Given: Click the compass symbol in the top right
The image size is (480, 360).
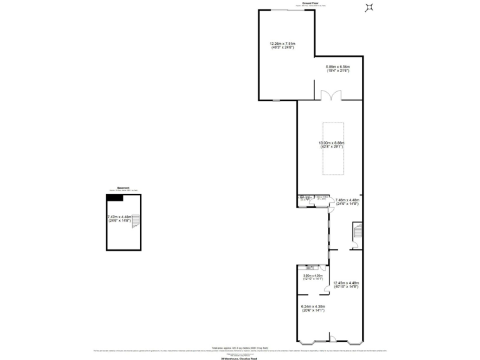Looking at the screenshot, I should [369, 7].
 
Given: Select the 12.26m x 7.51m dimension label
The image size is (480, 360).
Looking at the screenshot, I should [282, 46].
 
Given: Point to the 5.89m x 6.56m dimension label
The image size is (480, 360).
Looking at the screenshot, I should [337, 69].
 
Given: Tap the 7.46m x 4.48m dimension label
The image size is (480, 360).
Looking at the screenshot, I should [346, 202].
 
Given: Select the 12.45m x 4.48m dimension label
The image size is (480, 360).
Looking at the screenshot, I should [346, 284].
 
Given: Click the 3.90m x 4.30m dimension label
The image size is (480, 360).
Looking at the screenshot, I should [312, 277].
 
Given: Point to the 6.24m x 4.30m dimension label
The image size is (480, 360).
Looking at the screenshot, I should [312, 307].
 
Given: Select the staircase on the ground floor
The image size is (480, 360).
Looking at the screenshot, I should [357, 233].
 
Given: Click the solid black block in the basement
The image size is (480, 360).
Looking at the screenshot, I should [114, 197].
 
